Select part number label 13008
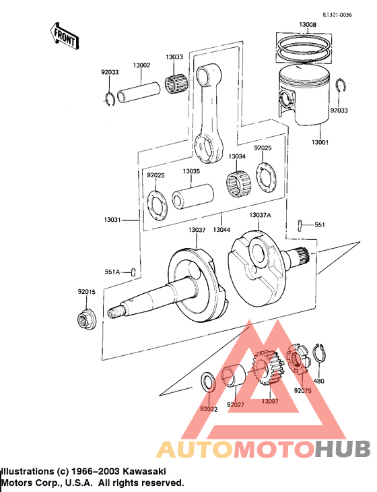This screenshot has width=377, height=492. pos(307,25)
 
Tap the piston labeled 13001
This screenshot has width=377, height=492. pos(303,101)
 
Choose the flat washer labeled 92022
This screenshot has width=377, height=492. pos(209,381)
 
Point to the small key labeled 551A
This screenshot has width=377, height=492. pos(133,272)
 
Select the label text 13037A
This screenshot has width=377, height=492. pos(260,215)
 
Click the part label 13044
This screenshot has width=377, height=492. pos(221,230)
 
